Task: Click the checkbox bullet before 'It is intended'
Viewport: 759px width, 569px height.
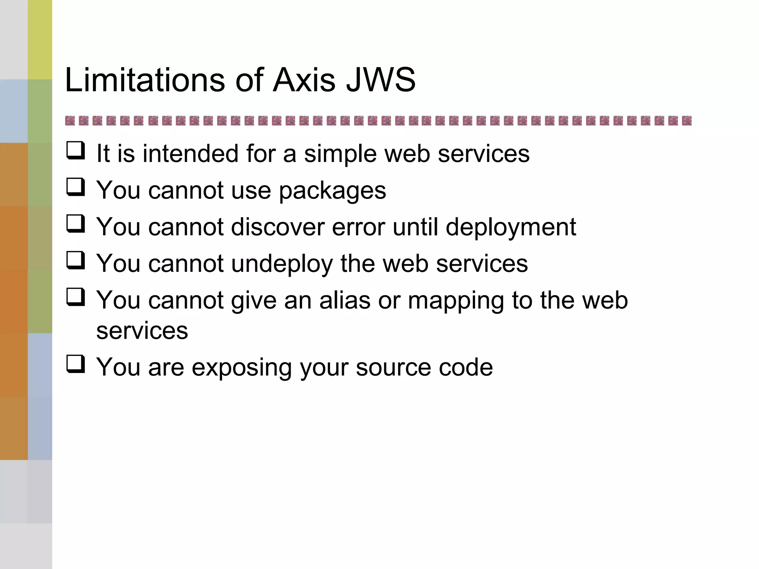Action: coord(76,151)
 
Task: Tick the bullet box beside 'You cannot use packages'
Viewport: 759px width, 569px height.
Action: coord(76,187)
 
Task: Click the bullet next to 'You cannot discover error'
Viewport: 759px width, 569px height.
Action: coord(76,224)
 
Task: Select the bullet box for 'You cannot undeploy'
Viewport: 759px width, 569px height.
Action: coord(76,260)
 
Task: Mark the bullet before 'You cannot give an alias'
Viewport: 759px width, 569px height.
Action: coord(76,297)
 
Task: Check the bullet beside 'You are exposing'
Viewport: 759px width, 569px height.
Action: coord(76,364)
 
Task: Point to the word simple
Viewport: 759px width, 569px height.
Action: coord(340,153)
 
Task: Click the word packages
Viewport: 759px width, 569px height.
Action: coord(332,191)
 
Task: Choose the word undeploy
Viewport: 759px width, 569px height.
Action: coord(282,264)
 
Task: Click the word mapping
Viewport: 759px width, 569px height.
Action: coord(456,301)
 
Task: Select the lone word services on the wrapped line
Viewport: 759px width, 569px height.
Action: coord(142,331)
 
